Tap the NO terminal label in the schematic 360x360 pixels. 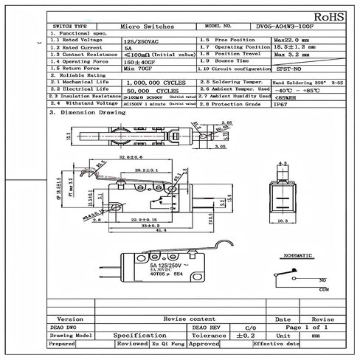323,280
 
